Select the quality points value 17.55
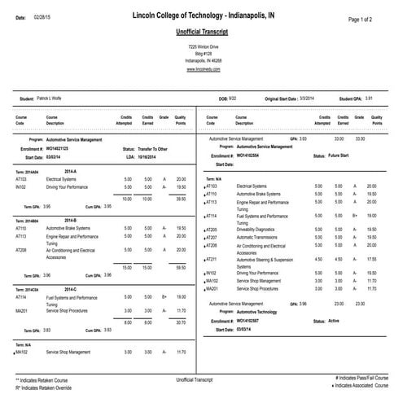pos(371,258)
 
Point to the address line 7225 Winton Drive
pos(201,48)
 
